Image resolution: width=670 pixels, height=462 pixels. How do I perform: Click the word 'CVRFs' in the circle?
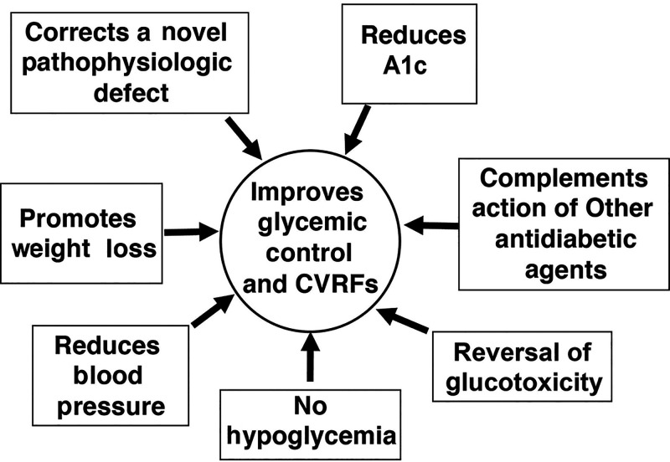[x=343, y=284]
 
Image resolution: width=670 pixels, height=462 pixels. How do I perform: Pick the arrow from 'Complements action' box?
[x=430, y=225]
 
